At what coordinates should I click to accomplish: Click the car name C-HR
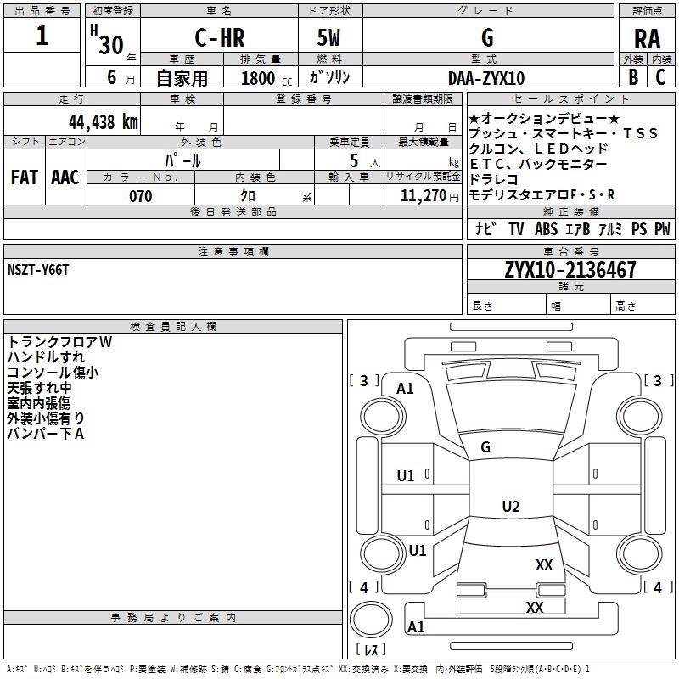(x=220, y=37)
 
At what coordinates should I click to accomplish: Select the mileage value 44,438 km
(x=103, y=122)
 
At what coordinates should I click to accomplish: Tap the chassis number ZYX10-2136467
(x=570, y=270)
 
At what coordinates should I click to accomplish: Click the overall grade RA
(x=647, y=39)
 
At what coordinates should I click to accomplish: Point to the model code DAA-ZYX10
(x=485, y=78)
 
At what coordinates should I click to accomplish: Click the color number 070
(x=140, y=196)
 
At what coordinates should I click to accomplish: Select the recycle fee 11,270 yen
(x=429, y=196)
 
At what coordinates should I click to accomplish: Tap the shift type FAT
(x=25, y=177)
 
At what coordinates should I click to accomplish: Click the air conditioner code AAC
(x=65, y=177)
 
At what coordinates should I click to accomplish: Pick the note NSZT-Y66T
(x=38, y=270)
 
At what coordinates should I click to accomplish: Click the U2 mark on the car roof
(x=511, y=506)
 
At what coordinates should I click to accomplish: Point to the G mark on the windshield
(x=485, y=447)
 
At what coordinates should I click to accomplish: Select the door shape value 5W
(x=328, y=37)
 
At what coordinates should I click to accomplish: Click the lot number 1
(x=42, y=36)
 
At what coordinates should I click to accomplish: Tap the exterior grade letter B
(x=633, y=77)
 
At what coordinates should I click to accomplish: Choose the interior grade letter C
(x=660, y=77)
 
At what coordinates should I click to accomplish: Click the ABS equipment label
(x=546, y=228)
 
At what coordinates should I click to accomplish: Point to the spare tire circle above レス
(x=371, y=620)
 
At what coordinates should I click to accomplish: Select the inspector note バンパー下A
(x=46, y=434)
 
